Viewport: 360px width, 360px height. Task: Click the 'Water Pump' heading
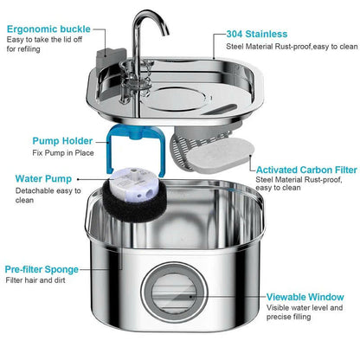point(43,180)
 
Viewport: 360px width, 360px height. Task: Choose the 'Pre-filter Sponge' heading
point(54,269)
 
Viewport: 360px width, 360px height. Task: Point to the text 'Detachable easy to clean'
point(43,199)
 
